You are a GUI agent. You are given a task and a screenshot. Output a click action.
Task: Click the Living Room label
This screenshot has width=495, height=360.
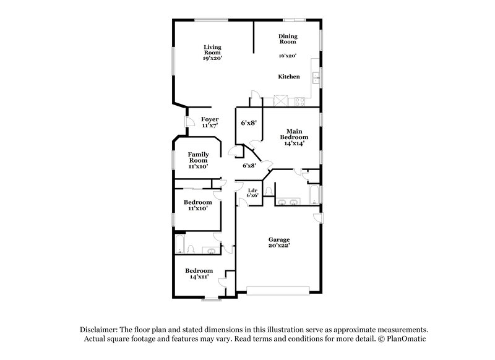point(213,52)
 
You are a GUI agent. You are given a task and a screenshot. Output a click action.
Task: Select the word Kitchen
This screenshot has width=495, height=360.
point(288,77)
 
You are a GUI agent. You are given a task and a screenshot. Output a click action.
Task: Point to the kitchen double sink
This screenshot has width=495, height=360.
point(316,77)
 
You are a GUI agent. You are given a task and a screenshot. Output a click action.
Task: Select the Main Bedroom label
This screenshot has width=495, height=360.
point(294,137)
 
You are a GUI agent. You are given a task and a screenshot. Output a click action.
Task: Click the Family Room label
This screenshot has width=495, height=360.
point(198,160)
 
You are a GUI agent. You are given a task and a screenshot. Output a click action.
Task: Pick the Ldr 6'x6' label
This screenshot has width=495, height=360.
point(252,192)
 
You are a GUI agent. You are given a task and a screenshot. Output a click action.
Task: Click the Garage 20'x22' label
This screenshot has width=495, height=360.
point(279,242)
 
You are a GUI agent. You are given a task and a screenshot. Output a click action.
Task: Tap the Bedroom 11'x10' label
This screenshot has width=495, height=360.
point(198,205)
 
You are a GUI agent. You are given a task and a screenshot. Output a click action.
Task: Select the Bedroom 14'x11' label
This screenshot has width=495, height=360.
point(199,273)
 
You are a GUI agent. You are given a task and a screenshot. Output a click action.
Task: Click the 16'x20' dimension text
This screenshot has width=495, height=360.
point(286,56)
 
